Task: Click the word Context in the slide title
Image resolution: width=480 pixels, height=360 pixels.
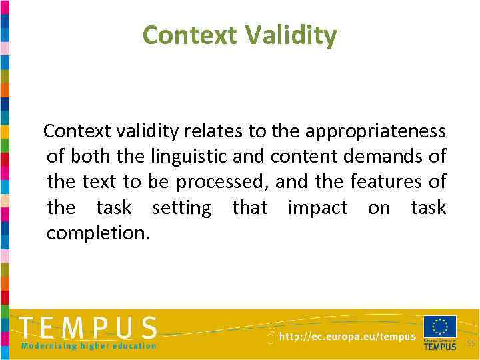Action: (189, 35)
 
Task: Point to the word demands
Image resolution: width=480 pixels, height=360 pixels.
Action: (389, 157)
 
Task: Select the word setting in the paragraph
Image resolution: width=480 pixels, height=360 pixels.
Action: (181, 207)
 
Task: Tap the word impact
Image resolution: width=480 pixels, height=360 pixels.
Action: (317, 207)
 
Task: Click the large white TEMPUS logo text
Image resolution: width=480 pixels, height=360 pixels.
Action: (89, 329)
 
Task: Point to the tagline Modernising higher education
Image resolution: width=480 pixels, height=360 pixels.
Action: (89, 346)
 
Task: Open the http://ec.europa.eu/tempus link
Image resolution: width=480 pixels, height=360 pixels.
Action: (347, 337)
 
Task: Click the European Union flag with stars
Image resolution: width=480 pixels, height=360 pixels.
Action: (440, 327)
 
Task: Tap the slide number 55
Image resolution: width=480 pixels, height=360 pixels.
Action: (471, 343)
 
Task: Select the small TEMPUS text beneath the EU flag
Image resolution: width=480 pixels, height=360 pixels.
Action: (440, 347)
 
